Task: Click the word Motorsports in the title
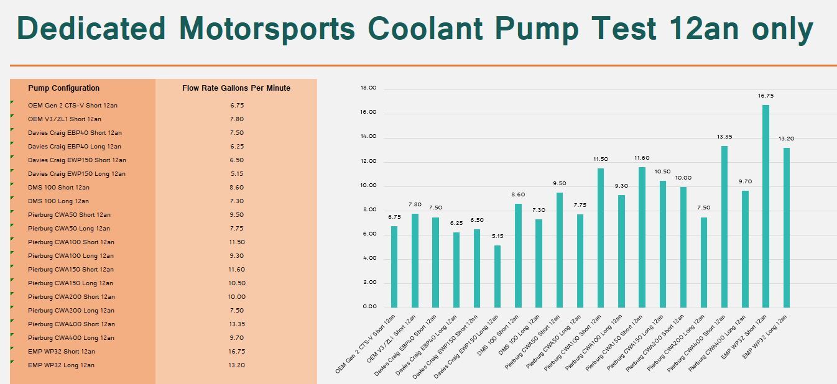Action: click(267, 29)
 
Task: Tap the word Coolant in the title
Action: click(425, 29)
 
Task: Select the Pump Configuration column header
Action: click(64, 88)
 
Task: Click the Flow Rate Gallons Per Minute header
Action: click(236, 88)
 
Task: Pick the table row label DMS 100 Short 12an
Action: click(58, 188)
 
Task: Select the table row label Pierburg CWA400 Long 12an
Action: click(71, 337)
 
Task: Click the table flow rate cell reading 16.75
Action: click(237, 352)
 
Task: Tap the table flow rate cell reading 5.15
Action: click(237, 174)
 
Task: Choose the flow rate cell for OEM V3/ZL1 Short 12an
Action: click(237, 119)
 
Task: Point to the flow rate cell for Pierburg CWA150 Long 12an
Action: click(237, 283)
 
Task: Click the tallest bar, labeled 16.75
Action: click(765, 206)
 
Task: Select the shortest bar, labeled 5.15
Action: click(497, 277)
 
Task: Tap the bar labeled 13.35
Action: click(724, 227)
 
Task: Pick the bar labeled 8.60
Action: click(518, 255)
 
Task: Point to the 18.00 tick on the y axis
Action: click(368, 88)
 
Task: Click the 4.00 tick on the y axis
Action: click(369, 258)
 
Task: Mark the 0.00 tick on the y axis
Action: click(369, 306)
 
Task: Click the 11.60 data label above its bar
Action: click(642, 158)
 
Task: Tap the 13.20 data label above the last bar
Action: click(786, 139)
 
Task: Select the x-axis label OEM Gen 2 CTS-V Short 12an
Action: click(365, 344)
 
